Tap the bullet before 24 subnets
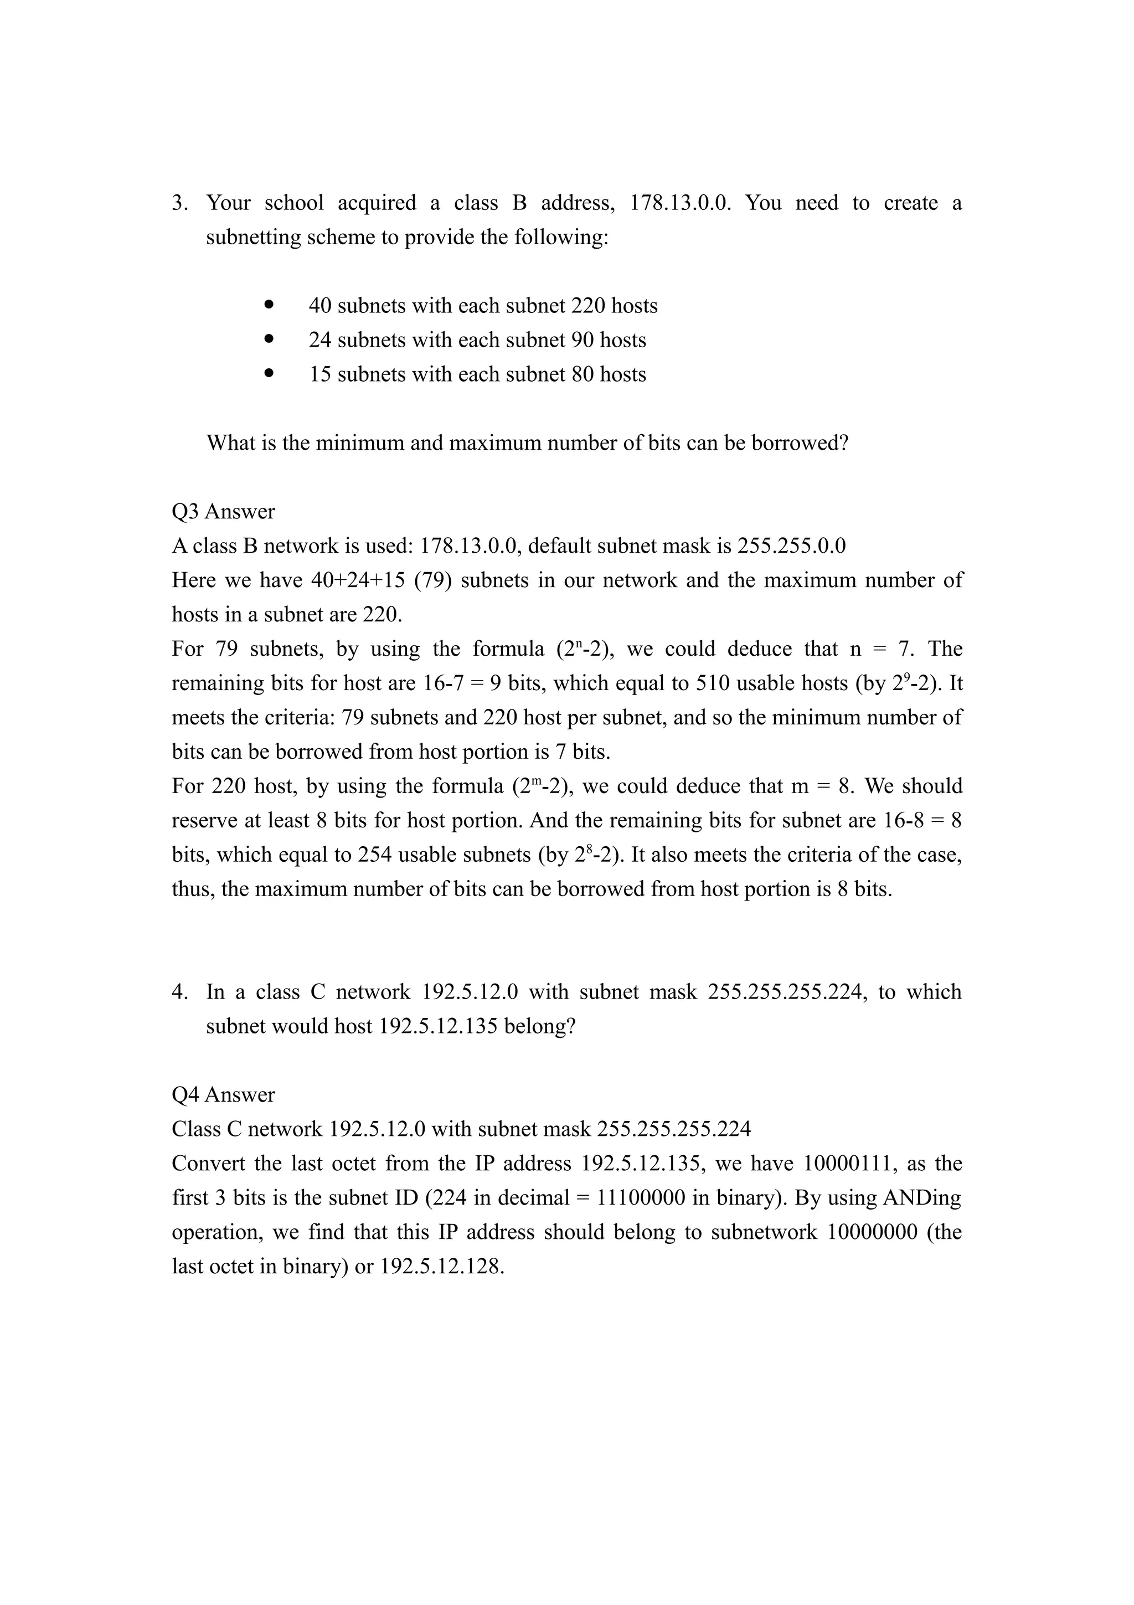269,339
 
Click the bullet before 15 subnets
269,373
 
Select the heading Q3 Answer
224,512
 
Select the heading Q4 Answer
224,1095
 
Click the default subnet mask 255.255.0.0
791,546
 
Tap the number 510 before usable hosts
713,683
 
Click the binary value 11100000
640,1197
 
